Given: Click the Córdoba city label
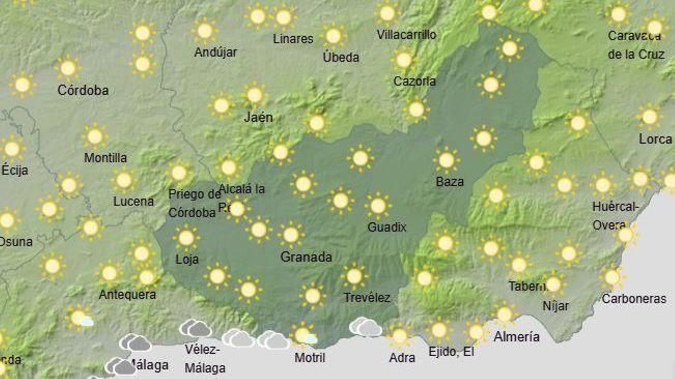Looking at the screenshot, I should tap(83, 90).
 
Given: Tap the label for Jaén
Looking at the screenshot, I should tap(258, 117).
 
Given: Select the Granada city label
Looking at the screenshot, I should tap(306, 257).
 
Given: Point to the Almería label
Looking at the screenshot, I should tap(516, 336).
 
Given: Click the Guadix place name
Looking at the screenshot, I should tap(386, 227).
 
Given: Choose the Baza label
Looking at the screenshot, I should tap(450, 182).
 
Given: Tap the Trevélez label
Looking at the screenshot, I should tap(367, 298).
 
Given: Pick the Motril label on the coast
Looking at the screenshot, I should tap(310, 358).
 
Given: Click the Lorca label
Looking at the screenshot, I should tap(655, 139).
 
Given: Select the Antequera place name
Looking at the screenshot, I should tap(127, 294).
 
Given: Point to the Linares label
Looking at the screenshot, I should tap(293, 39).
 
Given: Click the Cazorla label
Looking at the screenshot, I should tap(414, 81).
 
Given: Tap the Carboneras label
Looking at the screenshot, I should tap(634, 299).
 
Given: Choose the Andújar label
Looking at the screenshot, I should tap(216, 53).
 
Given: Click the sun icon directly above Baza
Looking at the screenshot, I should tap(446, 160).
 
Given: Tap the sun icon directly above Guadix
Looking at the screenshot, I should tap(378, 206).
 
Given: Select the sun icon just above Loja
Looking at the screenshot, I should tap(186, 238).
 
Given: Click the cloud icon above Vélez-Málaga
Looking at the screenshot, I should tap(195, 328).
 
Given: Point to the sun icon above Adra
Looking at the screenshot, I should tap(399, 336).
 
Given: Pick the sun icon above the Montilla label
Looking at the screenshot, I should tap(95, 136).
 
